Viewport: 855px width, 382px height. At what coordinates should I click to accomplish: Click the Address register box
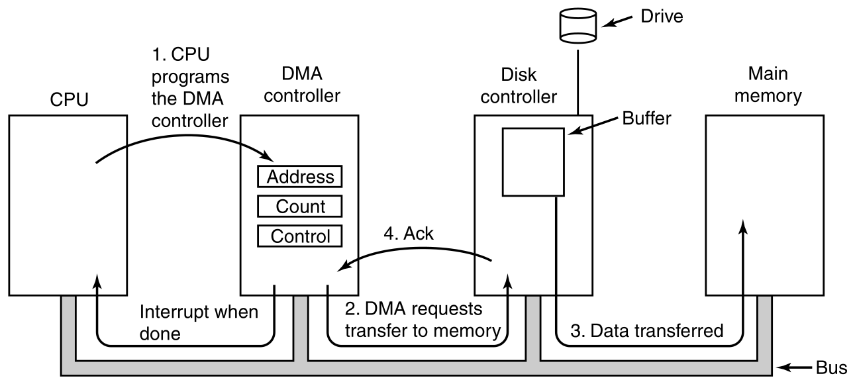(299, 177)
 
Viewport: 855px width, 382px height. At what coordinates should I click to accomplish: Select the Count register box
(299, 207)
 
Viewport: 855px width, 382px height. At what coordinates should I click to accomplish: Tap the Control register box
(299, 236)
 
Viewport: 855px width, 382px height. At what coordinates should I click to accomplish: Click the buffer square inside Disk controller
(533, 162)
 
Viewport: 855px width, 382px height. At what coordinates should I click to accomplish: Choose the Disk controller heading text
(520, 86)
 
